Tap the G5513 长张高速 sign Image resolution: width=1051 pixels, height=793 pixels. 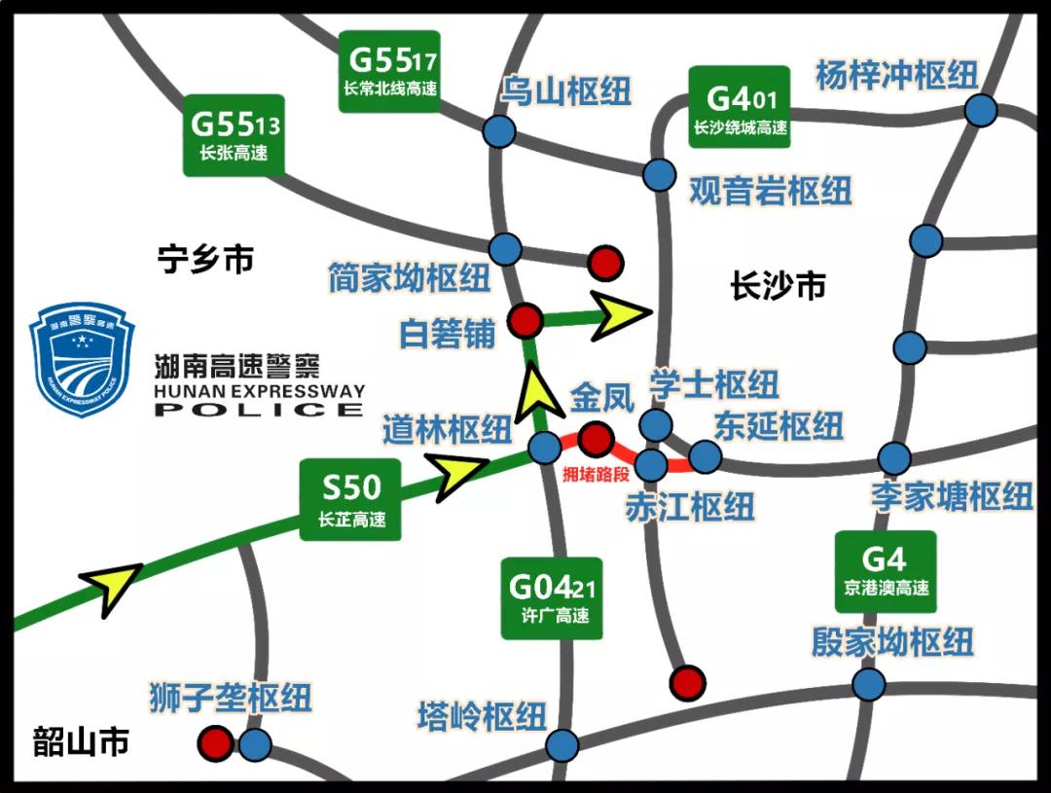point(234,134)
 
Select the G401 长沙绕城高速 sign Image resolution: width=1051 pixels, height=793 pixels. point(740,107)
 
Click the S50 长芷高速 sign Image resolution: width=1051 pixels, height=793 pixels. point(351,497)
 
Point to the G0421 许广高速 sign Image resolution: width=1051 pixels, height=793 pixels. point(551,597)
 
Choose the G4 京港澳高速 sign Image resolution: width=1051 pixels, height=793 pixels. point(886,571)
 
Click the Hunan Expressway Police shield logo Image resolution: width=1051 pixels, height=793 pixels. point(83,358)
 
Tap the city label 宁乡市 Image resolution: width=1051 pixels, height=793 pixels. point(206,260)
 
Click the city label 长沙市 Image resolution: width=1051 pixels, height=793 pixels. point(778,285)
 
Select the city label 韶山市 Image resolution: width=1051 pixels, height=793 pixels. point(81,741)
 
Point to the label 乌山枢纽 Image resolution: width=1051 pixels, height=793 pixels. point(566,91)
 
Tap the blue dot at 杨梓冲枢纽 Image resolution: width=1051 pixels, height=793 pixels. point(981,110)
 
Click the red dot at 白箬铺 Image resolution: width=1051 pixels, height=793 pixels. point(526,319)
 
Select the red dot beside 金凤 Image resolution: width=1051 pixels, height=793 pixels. point(595,439)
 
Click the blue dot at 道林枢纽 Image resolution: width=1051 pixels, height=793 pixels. point(544,448)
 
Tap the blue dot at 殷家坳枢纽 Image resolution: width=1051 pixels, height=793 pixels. point(868,683)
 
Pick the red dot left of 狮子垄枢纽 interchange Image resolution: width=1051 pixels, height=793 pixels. point(215,744)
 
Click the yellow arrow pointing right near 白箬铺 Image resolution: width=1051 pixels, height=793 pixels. point(621,315)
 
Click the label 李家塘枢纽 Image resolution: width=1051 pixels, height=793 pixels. point(952,496)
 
